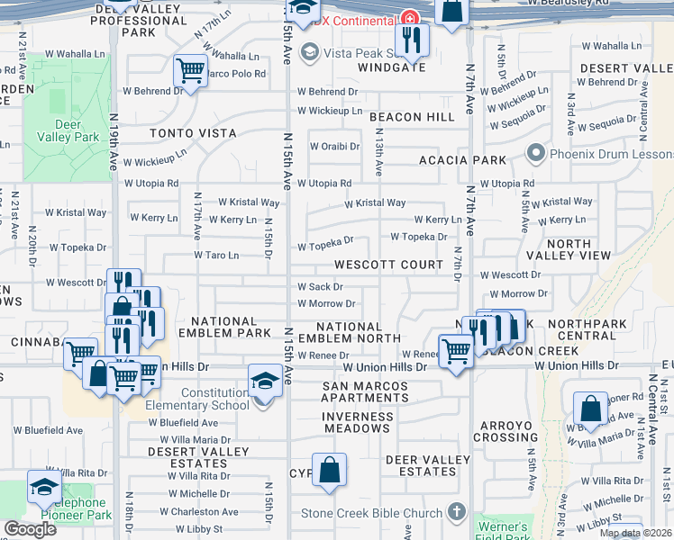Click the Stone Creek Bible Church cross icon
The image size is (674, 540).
pyautogui.click(x=457, y=513)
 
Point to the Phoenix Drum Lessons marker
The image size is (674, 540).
pyautogui.click(x=536, y=154)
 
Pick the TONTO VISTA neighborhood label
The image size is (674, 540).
pyautogui.click(x=193, y=133)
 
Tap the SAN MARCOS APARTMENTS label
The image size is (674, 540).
pyautogui.click(x=365, y=392)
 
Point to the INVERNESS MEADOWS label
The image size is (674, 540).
pyautogui.click(x=358, y=424)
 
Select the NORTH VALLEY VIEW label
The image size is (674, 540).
pyautogui.click(x=569, y=249)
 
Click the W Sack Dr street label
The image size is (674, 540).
pyautogui.click(x=320, y=287)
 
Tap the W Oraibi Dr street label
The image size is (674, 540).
pyautogui.click(x=334, y=146)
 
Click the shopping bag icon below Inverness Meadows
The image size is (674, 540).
pyautogui.click(x=330, y=469)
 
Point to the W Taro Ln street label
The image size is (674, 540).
pyautogui.click(x=223, y=256)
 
